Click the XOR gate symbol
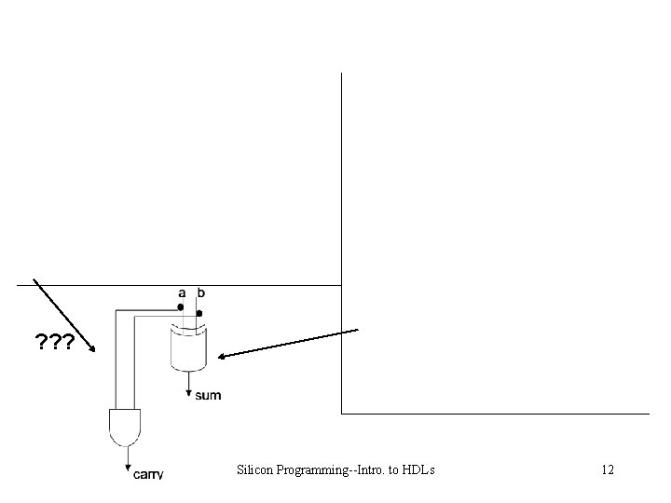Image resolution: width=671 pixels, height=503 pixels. (189, 348)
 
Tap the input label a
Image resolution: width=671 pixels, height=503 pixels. (183, 292)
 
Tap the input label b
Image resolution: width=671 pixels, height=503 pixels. (201, 292)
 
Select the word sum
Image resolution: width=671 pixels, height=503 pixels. (208, 395)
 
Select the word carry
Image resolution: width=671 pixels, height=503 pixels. (147, 474)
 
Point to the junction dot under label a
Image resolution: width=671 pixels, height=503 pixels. (182, 306)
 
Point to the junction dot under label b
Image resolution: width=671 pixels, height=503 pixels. (199, 314)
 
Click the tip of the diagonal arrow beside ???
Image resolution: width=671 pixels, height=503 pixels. (94, 351)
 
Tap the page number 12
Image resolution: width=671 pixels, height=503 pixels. (607, 469)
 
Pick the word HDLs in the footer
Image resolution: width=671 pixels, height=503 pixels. (418, 469)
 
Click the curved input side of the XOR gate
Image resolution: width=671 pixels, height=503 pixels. (189, 330)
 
